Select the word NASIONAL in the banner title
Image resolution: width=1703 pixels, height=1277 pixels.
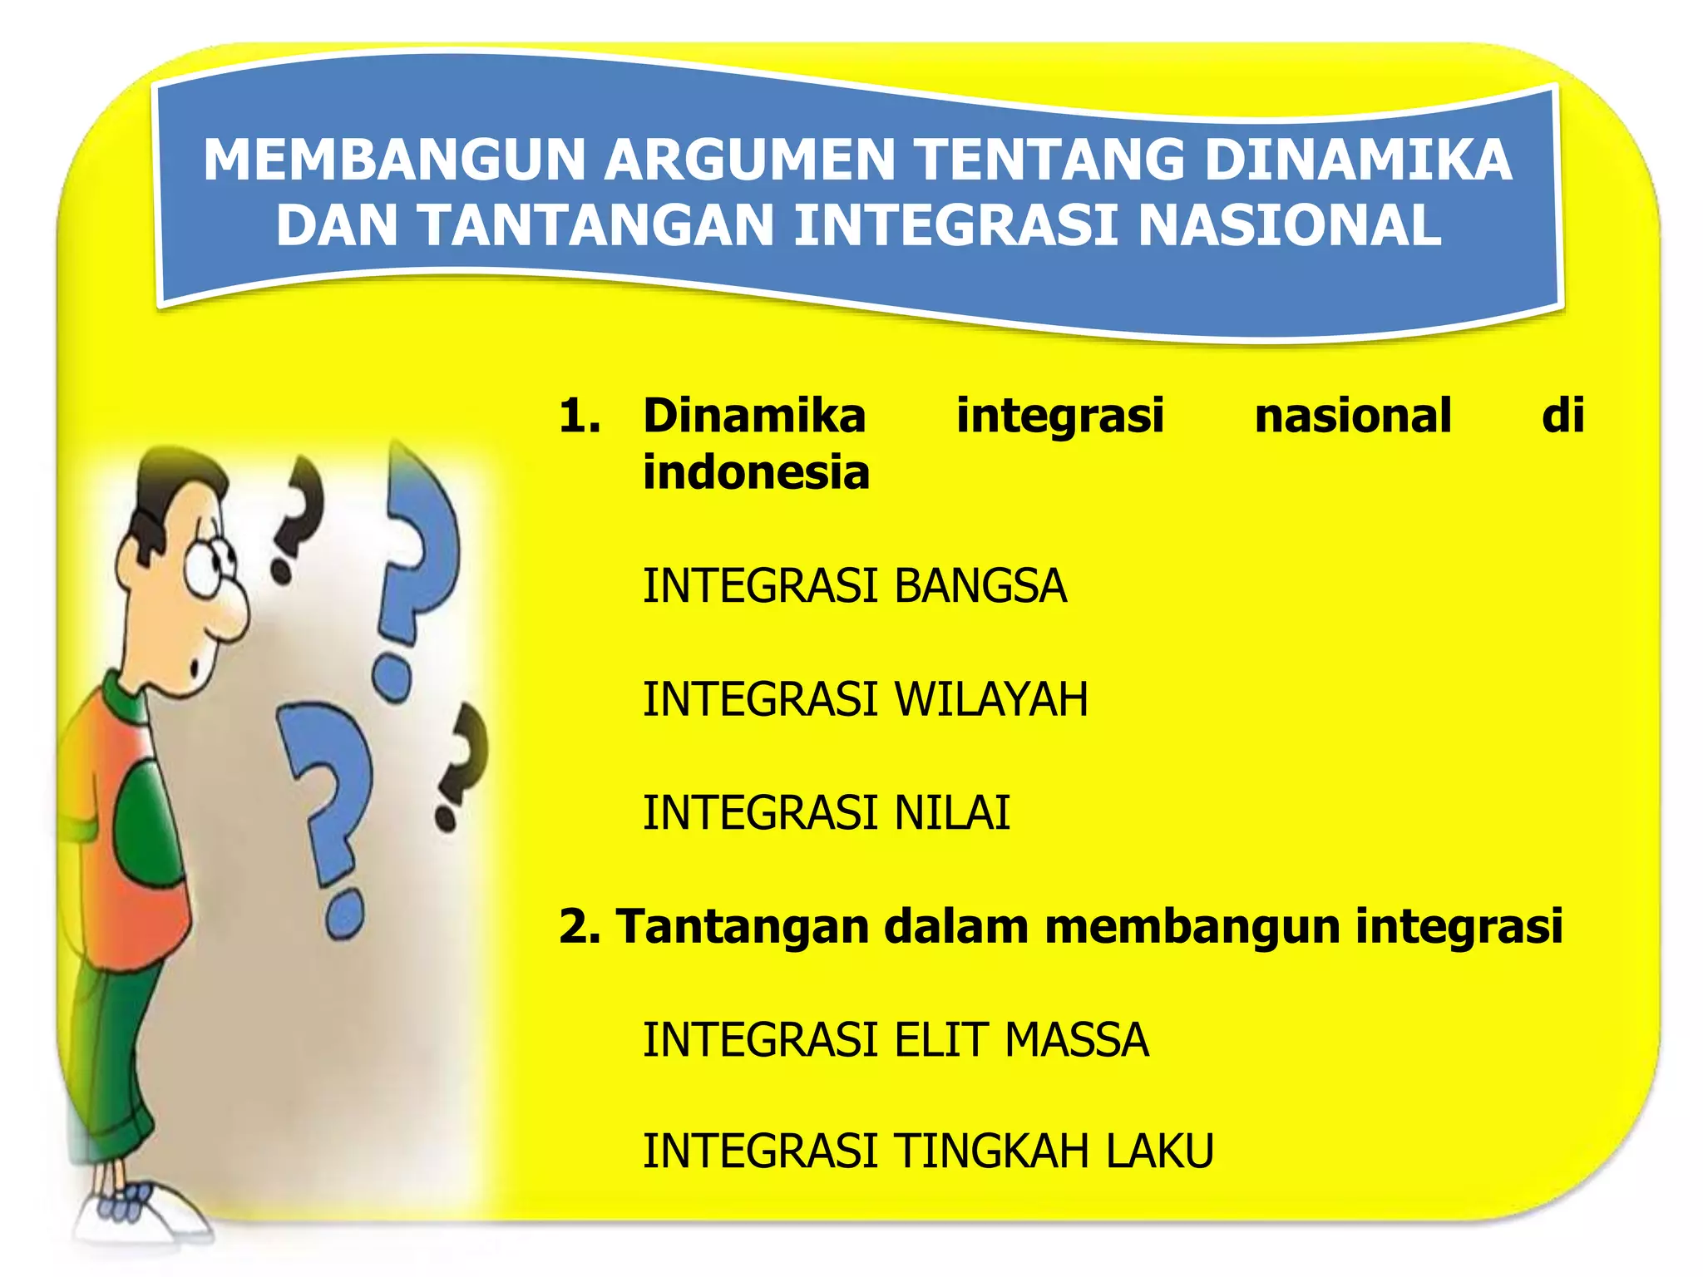coord(1290,226)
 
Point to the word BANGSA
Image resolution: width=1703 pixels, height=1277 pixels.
coord(980,586)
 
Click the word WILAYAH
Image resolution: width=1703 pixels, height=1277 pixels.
coord(991,699)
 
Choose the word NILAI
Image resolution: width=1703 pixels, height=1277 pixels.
coord(952,813)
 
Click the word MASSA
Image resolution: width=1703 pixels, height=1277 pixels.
coord(1077,1040)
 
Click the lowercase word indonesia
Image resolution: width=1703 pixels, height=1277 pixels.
coord(756,472)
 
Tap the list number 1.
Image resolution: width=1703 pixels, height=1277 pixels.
coord(579,416)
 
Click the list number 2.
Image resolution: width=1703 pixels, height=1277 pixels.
coord(579,926)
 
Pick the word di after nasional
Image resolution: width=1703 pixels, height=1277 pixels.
coord(1562,416)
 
